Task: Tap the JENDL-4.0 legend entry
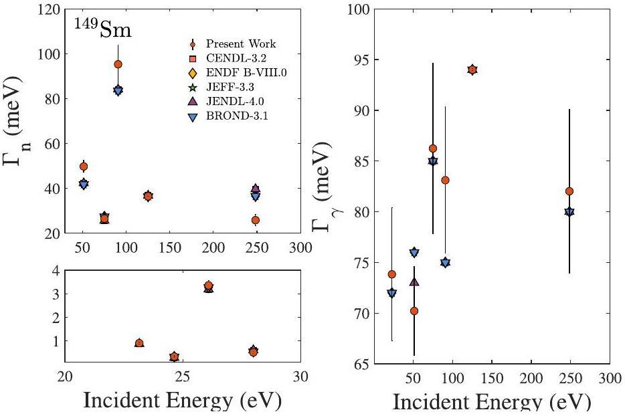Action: [241, 101]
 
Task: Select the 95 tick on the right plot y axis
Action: [366, 60]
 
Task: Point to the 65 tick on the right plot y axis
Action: [366, 365]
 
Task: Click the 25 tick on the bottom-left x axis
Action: [183, 377]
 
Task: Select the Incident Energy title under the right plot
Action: [482, 403]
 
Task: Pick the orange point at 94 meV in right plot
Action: [472, 70]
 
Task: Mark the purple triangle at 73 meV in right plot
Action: [414, 282]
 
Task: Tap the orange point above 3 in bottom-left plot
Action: [209, 286]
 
